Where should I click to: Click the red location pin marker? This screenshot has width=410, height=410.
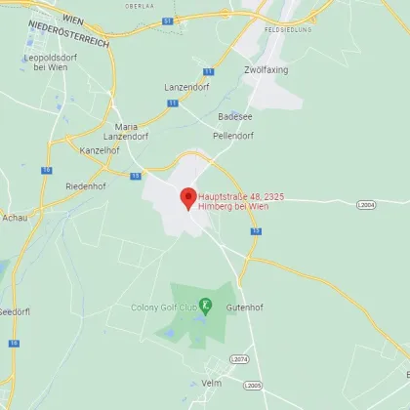pyautogui.click(x=187, y=197)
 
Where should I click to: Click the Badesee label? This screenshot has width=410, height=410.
pyautogui.click(x=233, y=114)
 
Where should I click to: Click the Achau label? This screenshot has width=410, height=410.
pyautogui.click(x=16, y=218)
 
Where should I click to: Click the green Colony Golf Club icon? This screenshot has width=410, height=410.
pyautogui.click(x=205, y=307)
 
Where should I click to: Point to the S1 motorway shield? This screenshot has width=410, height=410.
pyautogui.click(x=168, y=20)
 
